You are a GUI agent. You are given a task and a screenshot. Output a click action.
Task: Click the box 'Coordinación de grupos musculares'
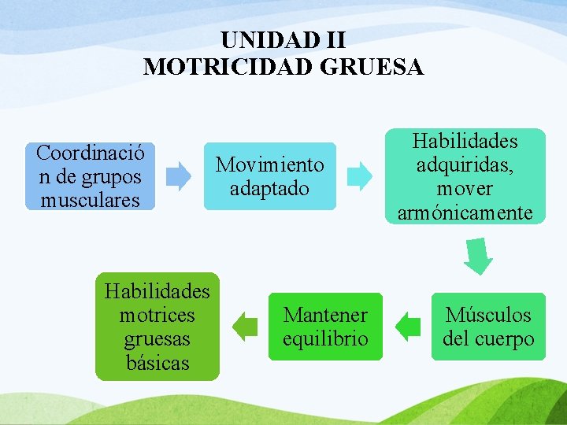pyautogui.click(x=90, y=176)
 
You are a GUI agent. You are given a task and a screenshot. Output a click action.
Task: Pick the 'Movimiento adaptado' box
pyautogui.click(x=269, y=176)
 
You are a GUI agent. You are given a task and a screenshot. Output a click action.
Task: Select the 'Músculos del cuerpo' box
pyautogui.click(x=488, y=327)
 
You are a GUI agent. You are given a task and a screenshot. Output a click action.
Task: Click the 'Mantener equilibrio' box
pyautogui.click(x=325, y=327)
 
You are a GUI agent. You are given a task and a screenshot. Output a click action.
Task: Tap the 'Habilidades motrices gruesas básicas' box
pyautogui.click(x=157, y=327)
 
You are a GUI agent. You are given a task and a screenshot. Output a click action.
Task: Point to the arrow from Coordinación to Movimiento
pyautogui.click(x=180, y=176)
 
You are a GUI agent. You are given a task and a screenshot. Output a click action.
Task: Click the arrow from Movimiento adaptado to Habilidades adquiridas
pyautogui.click(x=360, y=176)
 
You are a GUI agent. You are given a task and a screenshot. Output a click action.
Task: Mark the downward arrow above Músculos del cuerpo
pyautogui.click(x=477, y=256)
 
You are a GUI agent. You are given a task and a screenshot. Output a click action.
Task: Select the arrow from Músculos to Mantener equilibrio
pyautogui.click(x=408, y=327)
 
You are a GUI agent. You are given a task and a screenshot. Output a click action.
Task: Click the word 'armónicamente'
pyautogui.click(x=465, y=213)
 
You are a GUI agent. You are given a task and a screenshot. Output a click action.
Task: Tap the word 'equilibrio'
pyautogui.click(x=325, y=339)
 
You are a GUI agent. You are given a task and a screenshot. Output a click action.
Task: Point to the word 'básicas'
pyautogui.click(x=157, y=364)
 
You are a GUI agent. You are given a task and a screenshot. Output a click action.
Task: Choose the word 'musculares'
pyautogui.click(x=90, y=200)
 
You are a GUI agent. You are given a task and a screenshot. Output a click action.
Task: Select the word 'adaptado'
pyautogui.click(x=269, y=189)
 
